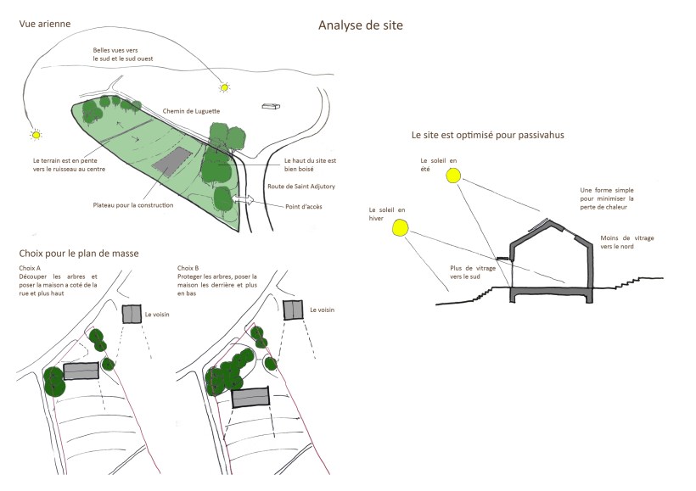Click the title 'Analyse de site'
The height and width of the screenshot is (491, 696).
point(360,25)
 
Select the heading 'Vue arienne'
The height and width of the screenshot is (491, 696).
point(45,23)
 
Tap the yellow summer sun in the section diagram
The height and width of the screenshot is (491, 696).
point(454,176)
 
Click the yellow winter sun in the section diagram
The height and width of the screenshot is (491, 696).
point(400,226)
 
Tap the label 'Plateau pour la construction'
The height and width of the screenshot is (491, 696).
point(133,205)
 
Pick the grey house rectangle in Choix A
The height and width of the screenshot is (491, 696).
point(81,371)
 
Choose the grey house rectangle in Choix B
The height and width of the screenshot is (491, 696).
point(250,397)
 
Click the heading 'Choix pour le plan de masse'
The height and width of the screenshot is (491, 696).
point(78,254)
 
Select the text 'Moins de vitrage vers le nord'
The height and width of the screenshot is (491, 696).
point(626,243)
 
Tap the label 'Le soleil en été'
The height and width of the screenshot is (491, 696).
point(438,163)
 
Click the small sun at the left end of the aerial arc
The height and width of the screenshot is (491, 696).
point(36,134)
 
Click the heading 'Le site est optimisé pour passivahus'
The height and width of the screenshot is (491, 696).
point(487,134)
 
